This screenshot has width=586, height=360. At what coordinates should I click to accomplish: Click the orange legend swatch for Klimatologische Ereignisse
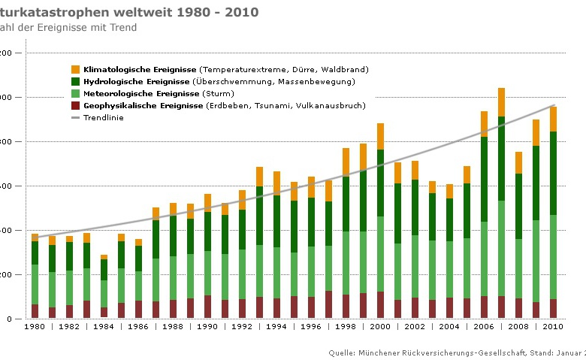(75, 69)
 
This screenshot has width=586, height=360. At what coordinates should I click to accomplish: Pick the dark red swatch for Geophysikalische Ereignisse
(75, 105)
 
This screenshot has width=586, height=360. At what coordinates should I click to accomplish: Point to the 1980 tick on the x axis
(35, 327)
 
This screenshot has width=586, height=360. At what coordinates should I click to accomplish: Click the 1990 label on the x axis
(207, 327)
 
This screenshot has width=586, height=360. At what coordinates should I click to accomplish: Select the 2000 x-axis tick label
(381, 327)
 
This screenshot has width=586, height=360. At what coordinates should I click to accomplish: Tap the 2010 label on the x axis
(553, 327)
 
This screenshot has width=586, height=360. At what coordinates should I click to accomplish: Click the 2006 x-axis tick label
(485, 327)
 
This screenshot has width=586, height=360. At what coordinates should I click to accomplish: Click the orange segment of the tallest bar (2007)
(501, 102)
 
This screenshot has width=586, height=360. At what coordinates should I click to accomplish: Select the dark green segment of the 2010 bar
(553, 173)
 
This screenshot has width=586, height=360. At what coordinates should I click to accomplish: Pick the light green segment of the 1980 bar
(35, 284)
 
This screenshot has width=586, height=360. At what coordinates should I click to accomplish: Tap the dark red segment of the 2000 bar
(381, 304)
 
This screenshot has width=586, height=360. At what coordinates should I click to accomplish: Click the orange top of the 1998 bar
(346, 162)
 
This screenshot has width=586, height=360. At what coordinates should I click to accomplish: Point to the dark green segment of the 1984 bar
(104, 269)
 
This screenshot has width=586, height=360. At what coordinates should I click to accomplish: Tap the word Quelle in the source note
(342, 352)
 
